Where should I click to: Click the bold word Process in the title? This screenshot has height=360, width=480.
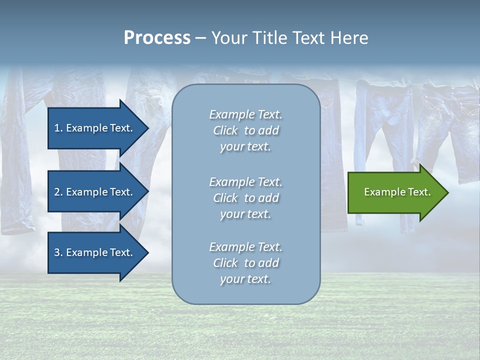[157, 38]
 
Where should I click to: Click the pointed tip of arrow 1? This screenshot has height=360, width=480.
[147, 128]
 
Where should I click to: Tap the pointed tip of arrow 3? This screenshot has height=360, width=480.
[147, 252]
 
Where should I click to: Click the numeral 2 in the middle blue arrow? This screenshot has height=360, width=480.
[57, 192]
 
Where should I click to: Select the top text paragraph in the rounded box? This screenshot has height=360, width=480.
[245, 130]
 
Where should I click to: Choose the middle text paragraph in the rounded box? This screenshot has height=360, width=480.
[245, 198]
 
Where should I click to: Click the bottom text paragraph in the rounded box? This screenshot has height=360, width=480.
[245, 263]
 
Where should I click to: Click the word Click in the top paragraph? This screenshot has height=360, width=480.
[225, 130]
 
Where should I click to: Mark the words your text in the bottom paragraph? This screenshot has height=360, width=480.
[245, 279]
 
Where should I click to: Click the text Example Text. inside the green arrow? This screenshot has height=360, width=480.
[397, 192]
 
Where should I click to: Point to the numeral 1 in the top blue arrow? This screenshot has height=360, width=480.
[57, 128]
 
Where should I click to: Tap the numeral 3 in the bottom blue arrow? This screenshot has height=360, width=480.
[57, 252]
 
